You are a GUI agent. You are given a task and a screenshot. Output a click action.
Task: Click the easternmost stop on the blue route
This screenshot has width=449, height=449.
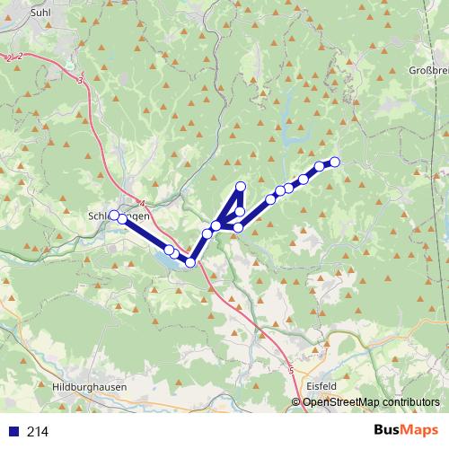tap(335, 162)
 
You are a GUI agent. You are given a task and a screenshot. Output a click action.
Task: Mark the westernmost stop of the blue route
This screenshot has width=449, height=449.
tap(113, 214)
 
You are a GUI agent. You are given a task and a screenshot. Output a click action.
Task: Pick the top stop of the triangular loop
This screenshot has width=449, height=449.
tap(240, 186)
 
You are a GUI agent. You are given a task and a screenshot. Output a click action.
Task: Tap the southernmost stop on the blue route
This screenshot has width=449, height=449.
tap(190, 261)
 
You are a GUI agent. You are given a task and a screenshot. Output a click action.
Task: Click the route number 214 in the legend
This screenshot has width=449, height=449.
tap(38, 431)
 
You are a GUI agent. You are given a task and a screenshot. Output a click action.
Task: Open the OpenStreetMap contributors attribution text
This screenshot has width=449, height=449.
tap(371, 402)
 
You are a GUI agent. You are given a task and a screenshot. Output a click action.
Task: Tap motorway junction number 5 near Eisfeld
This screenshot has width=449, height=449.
tap(292, 369)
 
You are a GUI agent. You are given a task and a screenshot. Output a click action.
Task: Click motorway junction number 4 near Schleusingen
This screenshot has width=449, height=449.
tap(142, 203)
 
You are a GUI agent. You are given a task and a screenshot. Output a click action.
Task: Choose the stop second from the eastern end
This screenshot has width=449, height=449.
tap(319, 166)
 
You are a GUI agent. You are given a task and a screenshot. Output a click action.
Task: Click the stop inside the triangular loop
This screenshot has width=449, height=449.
tap(240, 212)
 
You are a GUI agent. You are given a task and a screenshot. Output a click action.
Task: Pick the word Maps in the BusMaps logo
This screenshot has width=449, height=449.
tap(417, 430)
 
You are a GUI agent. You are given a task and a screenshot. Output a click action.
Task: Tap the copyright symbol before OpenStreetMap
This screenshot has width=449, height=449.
tap(297, 402)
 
